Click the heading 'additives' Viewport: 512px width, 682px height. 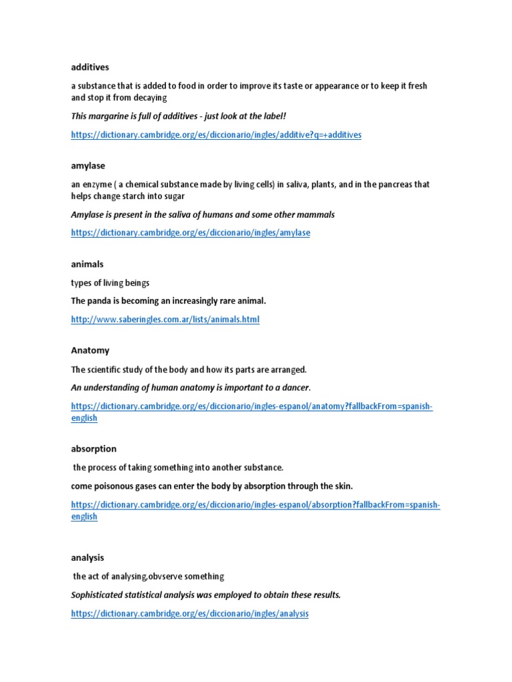(90, 67)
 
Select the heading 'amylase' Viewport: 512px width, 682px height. (88, 165)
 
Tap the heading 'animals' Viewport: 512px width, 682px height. (87, 264)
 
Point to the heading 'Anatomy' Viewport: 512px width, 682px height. (90, 350)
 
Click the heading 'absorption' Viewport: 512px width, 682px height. (93, 449)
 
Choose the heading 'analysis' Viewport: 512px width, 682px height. (87, 557)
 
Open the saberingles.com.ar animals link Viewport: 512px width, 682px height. (165, 320)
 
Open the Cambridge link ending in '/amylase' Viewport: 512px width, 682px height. (191, 233)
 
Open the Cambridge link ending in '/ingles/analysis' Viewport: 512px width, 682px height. (190, 613)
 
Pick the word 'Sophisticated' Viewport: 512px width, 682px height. (99, 595)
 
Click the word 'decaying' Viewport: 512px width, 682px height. (151, 97)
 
